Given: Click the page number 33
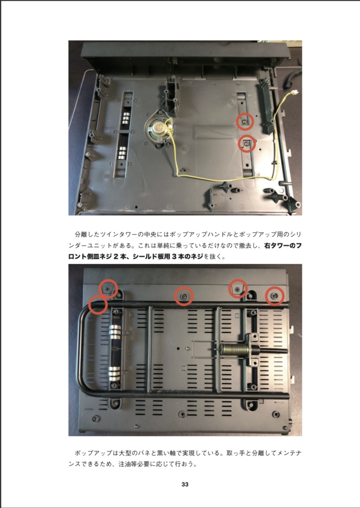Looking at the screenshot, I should point(184,485).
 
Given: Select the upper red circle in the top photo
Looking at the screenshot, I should point(244,121).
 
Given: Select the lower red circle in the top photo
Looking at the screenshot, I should point(247,143).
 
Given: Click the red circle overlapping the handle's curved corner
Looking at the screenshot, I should point(98,305).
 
